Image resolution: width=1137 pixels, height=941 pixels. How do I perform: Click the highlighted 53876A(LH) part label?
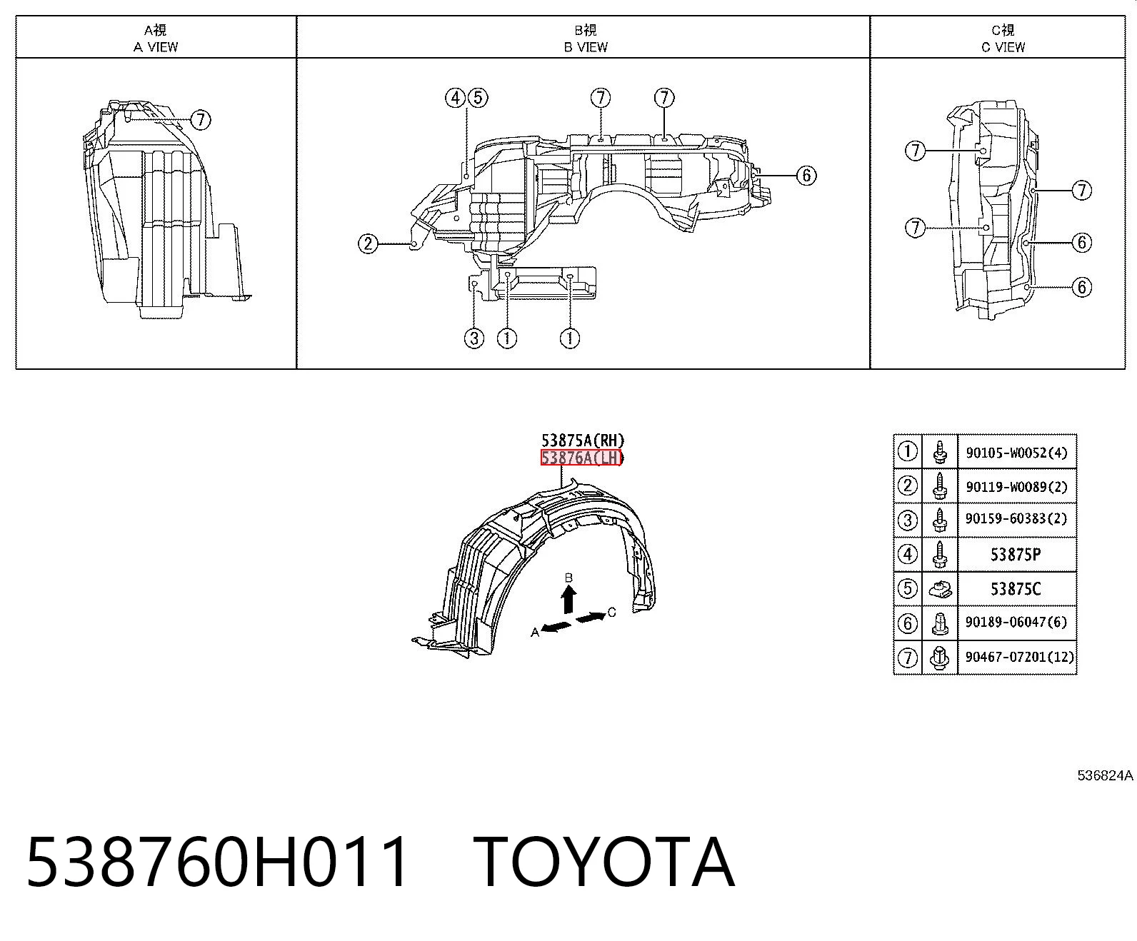(581, 458)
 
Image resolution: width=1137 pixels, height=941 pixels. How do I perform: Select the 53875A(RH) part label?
(583, 440)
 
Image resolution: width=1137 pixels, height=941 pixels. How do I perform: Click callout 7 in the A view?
(201, 120)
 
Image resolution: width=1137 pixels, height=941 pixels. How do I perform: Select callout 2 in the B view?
(368, 243)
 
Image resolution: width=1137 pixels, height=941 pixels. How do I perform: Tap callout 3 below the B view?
(474, 338)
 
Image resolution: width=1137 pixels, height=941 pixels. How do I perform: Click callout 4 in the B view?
(455, 98)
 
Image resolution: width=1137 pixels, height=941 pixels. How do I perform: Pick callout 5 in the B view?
(478, 98)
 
